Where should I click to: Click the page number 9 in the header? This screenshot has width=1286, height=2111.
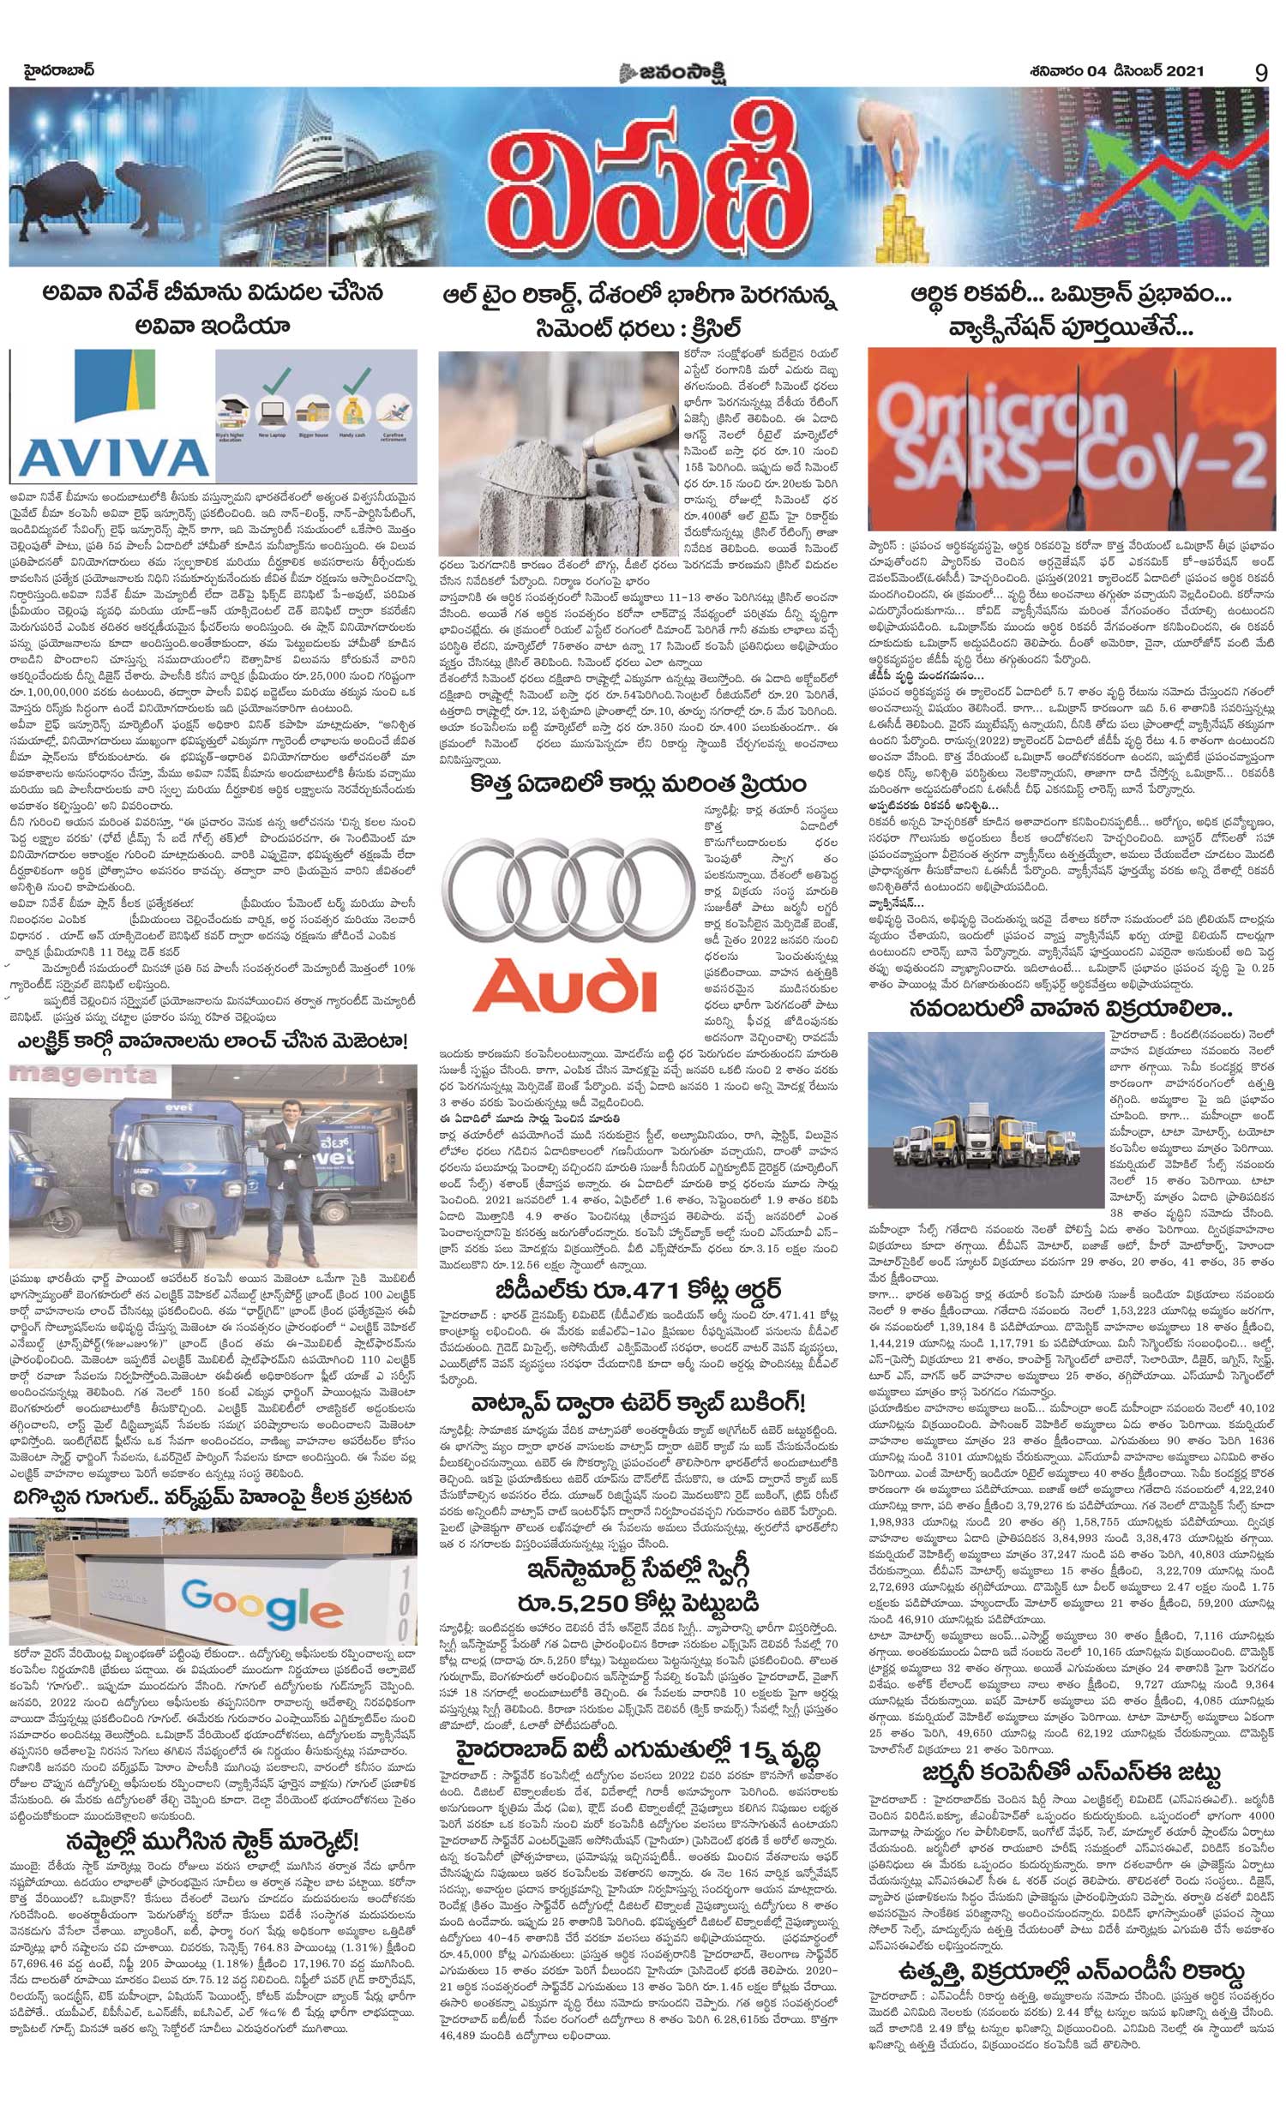click(x=1260, y=73)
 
